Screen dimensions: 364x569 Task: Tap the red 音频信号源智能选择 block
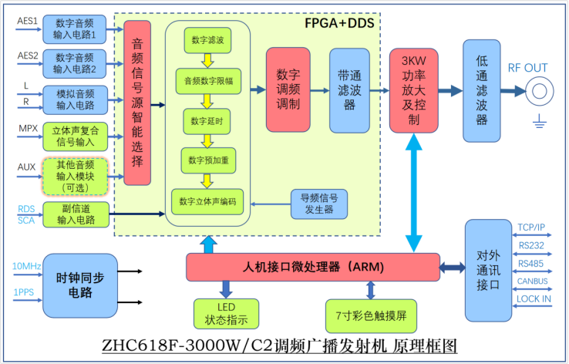coord(137,103)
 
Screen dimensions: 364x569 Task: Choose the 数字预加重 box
coord(207,160)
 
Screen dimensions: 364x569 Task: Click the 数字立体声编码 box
coord(207,201)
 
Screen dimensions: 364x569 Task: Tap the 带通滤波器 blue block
coord(349,90)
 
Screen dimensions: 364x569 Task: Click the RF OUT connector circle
coord(537,92)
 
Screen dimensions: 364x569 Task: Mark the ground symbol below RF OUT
coord(540,120)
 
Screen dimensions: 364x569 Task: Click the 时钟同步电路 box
coord(80,285)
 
